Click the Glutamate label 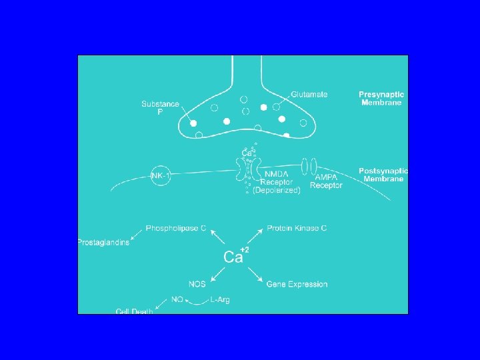click(x=309, y=95)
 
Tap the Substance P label click(x=160, y=108)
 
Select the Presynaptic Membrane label click(x=381, y=99)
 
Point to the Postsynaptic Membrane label click(x=382, y=175)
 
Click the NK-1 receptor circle click(x=161, y=176)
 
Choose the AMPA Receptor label click(x=326, y=181)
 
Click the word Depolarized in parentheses click(x=277, y=190)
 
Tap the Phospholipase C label click(x=171, y=228)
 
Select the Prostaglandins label click(x=103, y=241)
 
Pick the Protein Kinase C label click(x=297, y=228)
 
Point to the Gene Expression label click(x=297, y=284)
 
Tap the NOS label click(x=197, y=284)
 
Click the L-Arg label click(x=220, y=300)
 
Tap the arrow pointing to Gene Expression click(x=255, y=275)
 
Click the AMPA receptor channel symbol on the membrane click(x=308, y=167)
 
